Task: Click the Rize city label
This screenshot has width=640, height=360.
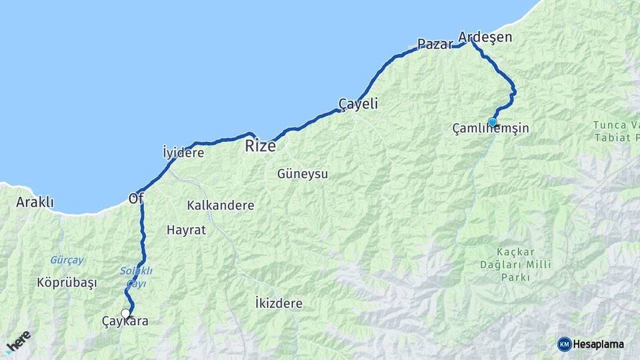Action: point(260,146)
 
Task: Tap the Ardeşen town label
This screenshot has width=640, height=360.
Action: point(485,37)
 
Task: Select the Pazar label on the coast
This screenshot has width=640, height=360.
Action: point(435,45)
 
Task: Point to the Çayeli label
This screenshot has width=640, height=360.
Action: point(358,104)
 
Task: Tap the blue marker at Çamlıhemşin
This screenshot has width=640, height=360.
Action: point(493,122)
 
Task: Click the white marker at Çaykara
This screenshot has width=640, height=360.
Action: point(125,313)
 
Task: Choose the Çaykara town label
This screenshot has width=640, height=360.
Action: point(125,321)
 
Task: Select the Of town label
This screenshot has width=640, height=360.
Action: point(135,198)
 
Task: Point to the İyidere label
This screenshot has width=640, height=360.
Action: point(183,153)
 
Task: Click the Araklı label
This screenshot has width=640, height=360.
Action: point(35,202)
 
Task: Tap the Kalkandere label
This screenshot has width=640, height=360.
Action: point(221,205)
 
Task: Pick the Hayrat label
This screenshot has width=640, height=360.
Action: point(186,230)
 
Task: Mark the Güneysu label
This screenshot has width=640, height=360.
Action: point(303,174)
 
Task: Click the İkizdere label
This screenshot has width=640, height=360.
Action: point(279,303)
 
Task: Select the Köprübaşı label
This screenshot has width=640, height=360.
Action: point(67,283)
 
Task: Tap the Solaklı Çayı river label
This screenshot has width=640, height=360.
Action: point(136,277)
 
